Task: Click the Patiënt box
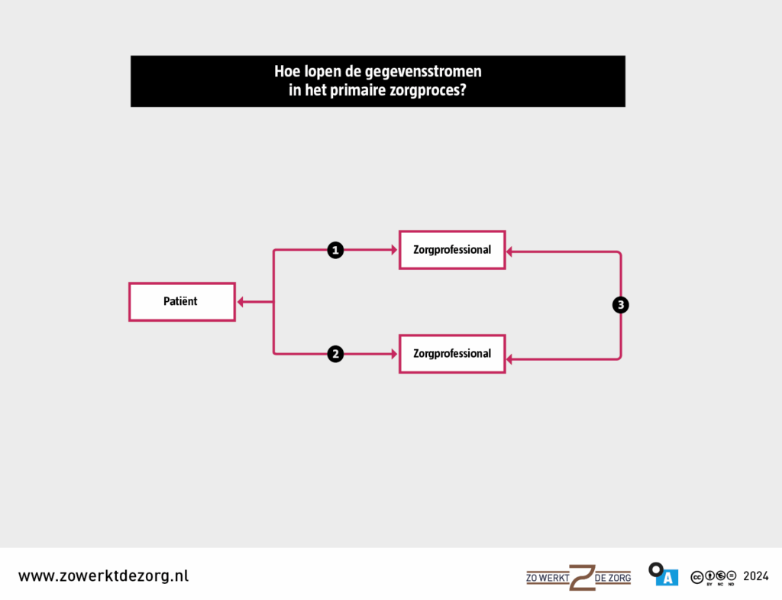pyautogui.click(x=182, y=302)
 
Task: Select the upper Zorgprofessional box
pyautogui.click(x=452, y=250)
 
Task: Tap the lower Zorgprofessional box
pyautogui.click(x=452, y=354)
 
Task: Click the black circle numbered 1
pyautogui.click(x=335, y=250)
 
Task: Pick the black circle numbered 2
pyautogui.click(x=335, y=354)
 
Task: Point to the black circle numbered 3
pyautogui.click(x=620, y=305)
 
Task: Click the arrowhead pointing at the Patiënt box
pyautogui.click(x=241, y=302)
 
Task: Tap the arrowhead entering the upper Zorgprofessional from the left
pyautogui.click(x=395, y=250)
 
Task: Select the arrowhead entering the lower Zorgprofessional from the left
pyautogui.click(x=395, y=354)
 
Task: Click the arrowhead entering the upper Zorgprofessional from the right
pyautogui.click(x=509, y=252)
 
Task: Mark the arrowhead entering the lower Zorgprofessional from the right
pyautogui.click(x=509, y=359)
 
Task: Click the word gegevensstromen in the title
pyautogui.click(x=423, y=72)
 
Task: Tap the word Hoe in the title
pyautogui.click(x=287, y=71)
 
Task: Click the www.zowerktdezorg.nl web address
pyautogui.click(x=104, y=576)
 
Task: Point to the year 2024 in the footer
pyautogui.click(x=755, y=576)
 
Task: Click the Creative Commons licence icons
pyautogui.click(x=713, y=577)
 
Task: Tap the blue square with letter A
pyautogui.click(x=667, y=578)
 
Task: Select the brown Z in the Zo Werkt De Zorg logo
pyautogui.click(x=582, y=578)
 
